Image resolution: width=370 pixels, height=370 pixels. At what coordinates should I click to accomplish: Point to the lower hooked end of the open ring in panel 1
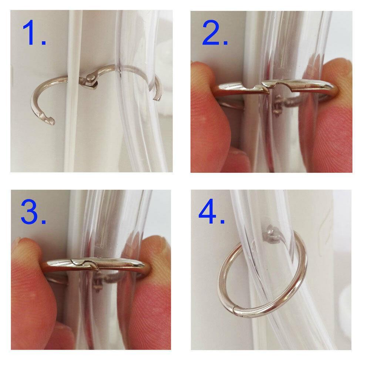click(x=48, y=119)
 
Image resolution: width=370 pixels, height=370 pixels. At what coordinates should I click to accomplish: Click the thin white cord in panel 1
click(x=72, y=91)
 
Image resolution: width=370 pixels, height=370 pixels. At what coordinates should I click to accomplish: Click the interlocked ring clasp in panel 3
click(x=85, y=264)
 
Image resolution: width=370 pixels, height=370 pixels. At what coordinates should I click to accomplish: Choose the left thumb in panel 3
click(x=33, y=293)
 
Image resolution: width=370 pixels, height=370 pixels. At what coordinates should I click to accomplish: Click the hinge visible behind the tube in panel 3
click(x=98, y=281)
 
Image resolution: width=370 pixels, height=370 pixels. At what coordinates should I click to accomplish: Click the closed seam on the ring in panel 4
click(x=233, y=311)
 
